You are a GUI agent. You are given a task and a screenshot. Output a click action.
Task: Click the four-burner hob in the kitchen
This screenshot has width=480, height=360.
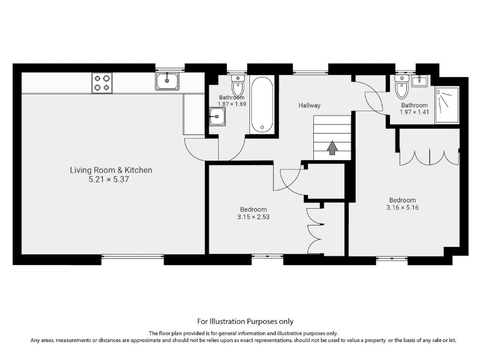102,83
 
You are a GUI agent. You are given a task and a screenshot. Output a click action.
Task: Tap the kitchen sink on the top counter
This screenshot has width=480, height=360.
167,81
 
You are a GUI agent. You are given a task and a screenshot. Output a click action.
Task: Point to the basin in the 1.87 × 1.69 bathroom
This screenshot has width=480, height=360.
217,116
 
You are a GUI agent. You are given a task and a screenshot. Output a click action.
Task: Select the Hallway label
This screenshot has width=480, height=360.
309,106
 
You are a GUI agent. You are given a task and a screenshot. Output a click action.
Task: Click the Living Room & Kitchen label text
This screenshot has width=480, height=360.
111,170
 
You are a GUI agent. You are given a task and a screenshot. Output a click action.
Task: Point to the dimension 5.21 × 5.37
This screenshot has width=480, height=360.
111,179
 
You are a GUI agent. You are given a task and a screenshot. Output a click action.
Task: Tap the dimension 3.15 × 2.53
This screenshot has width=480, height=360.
253,217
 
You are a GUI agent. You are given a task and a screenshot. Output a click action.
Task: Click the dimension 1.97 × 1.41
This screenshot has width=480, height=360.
414,112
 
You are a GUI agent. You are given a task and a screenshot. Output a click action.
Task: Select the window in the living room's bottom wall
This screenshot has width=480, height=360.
132,256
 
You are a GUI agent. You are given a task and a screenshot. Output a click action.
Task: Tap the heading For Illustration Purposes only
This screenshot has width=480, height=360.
239,321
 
